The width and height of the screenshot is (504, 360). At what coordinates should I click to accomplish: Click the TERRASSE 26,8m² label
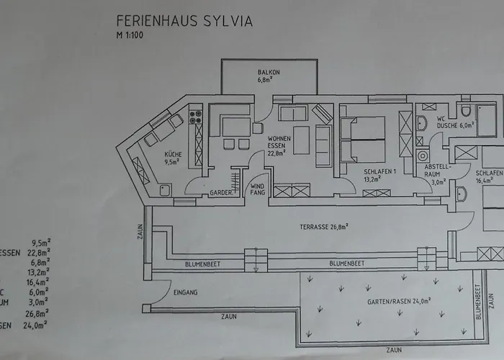coord(324,227)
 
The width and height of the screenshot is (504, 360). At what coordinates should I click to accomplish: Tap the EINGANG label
coord(186,292)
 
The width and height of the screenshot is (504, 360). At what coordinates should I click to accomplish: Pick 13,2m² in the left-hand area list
coord(36,273)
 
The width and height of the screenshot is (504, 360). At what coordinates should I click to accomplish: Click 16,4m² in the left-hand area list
coord(36,283)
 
